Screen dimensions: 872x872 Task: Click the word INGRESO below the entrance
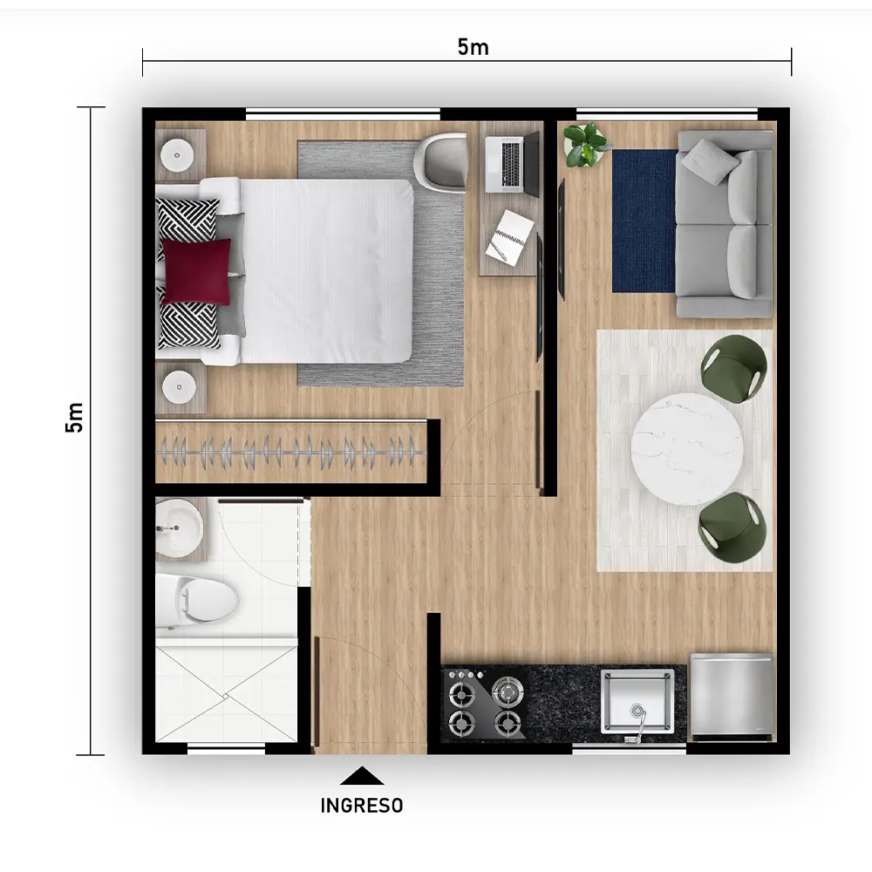362,805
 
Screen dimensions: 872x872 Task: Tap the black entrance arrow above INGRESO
362,776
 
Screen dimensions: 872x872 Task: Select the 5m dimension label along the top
473,47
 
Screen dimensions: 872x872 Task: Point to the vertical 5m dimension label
74,417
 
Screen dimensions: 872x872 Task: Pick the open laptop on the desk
512,162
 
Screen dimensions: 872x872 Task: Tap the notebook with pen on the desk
509,237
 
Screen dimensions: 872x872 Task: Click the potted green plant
586,145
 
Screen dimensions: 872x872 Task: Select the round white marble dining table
687,449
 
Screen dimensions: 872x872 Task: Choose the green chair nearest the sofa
734,368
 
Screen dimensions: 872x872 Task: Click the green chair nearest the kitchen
732,525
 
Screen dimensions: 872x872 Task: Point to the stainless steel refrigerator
732,697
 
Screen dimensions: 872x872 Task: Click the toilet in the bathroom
196,601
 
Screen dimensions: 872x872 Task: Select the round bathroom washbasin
179,528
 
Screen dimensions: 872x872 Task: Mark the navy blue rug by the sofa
645,221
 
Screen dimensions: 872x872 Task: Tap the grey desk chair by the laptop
441,162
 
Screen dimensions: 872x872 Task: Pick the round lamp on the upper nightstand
177,155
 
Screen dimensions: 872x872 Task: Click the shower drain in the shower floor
226,695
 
